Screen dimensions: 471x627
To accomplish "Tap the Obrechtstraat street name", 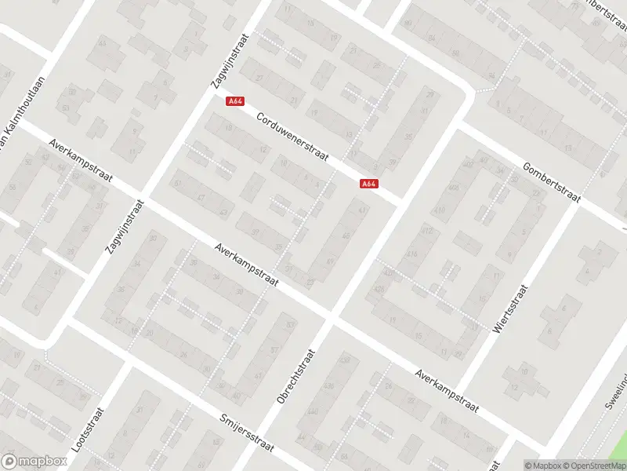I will point(295,375).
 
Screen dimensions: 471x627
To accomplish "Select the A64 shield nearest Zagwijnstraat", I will point(234,101).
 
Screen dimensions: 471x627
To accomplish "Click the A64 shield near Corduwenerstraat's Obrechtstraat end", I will point(369,184).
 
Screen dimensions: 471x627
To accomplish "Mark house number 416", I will point(411,254).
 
